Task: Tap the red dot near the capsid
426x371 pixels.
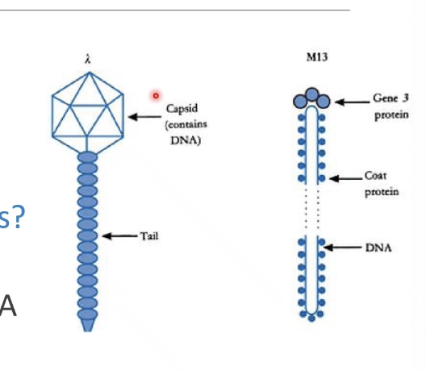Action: pyautogui.click(x=156, y=95)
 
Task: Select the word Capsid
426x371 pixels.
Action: pyautogui.click(x=182, y=109)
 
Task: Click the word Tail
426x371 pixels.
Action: pyautogui.click(x=149, y=236)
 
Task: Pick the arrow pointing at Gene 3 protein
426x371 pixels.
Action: pyautogui.click(x=351, y=102)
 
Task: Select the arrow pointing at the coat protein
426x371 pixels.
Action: pyautogui.click(x=345, y=177)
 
